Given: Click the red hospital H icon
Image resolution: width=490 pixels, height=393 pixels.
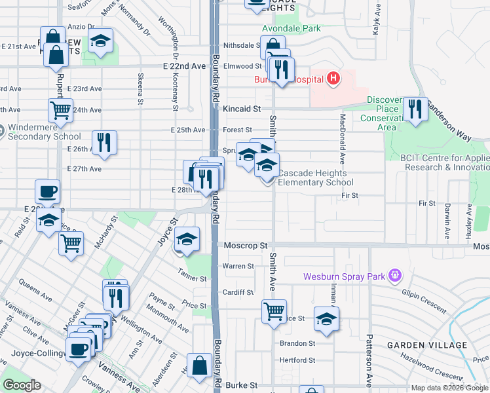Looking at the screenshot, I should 334,79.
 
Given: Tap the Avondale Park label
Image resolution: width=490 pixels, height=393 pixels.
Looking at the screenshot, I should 291,29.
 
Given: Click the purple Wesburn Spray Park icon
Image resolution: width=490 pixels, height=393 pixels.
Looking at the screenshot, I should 394,276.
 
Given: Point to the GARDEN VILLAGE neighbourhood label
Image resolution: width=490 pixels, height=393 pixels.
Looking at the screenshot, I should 427,345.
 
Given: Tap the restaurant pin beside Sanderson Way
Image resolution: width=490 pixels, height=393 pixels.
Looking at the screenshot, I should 415,109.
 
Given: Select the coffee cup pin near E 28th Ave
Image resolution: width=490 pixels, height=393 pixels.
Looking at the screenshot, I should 47,192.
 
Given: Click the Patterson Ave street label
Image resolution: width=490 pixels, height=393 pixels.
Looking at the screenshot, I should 369,360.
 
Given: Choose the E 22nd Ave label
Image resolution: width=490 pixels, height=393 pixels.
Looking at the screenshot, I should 184,67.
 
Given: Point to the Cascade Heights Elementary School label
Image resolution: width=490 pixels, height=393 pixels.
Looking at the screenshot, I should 316,178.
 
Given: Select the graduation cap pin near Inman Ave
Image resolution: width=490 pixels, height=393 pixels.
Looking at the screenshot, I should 326,319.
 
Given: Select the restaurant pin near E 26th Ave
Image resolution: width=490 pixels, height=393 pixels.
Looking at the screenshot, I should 104,143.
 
